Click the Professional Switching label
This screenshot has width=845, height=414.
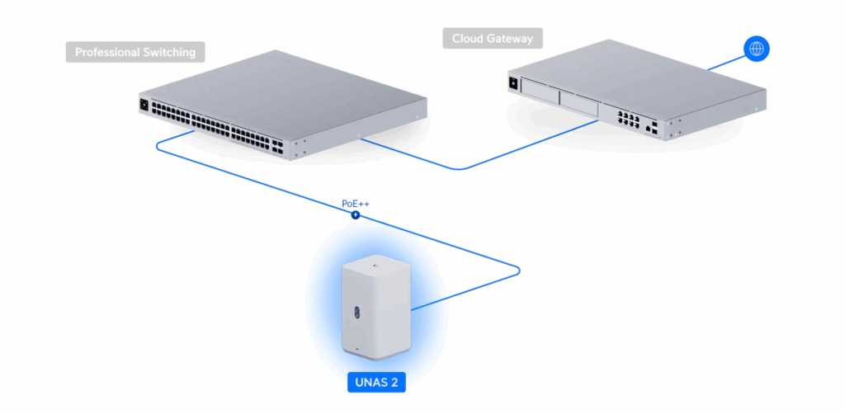(135, 52)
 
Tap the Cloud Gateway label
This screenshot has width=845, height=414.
(492, 38)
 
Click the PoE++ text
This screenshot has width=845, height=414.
(355, 203)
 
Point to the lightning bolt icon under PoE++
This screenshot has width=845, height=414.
(356, 215)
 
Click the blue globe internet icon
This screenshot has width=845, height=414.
(755, 49)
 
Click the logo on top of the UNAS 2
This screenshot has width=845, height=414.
(375, 266)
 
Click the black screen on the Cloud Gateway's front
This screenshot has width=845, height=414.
(514, 83)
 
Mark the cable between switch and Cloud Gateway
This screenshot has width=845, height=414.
(479, 159)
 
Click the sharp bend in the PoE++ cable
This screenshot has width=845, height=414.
(518, 268)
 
